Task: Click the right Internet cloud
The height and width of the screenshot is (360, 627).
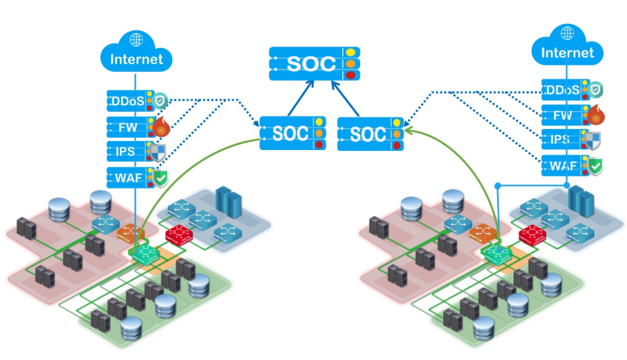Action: click(x=568, y=49)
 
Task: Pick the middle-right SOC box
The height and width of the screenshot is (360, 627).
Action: click(x=371, y=133)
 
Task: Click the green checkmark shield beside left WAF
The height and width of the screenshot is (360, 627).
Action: click(x=160, y=178)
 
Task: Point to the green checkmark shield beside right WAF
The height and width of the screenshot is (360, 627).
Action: click(x=595, y=166)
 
